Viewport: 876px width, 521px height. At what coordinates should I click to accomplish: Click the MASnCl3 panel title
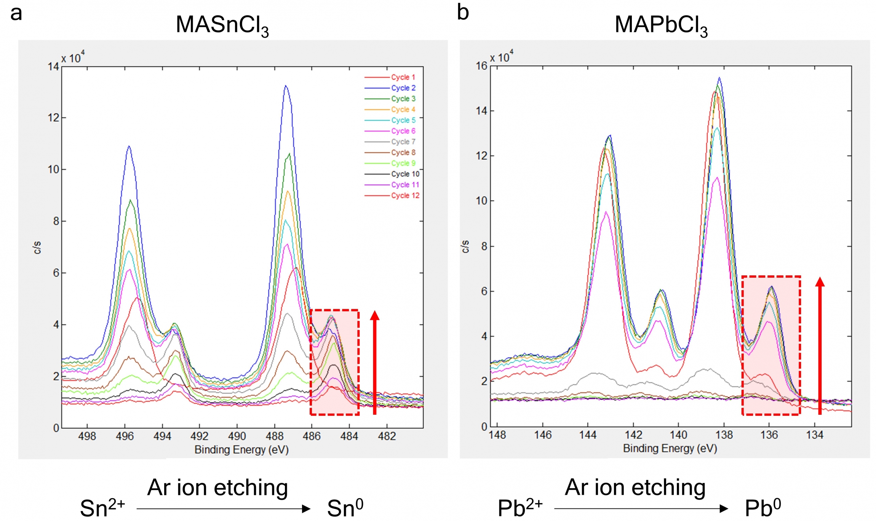click(222, 26)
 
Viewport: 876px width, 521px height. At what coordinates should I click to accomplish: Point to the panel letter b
click(463, 12)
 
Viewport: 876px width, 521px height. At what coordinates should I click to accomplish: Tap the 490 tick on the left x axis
click(237, 436)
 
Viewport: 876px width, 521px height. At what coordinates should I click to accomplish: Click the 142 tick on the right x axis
click(633, 435)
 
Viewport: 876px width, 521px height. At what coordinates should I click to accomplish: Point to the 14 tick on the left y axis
click(53, 67)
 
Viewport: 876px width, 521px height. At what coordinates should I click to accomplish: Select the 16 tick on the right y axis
click(481, 66)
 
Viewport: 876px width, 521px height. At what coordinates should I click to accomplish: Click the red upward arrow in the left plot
click(375, 362)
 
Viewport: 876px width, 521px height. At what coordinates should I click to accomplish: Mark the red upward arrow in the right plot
click(820, 345)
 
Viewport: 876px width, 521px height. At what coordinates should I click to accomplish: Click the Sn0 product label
click(345, 508)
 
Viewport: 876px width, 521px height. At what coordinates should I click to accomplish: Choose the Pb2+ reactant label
click(520, 508)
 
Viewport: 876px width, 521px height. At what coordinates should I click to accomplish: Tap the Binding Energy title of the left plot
click(241, 450)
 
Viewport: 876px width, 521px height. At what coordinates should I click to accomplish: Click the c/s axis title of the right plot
click(465, 246)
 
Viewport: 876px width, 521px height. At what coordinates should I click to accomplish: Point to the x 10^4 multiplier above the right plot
click(501, 57)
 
